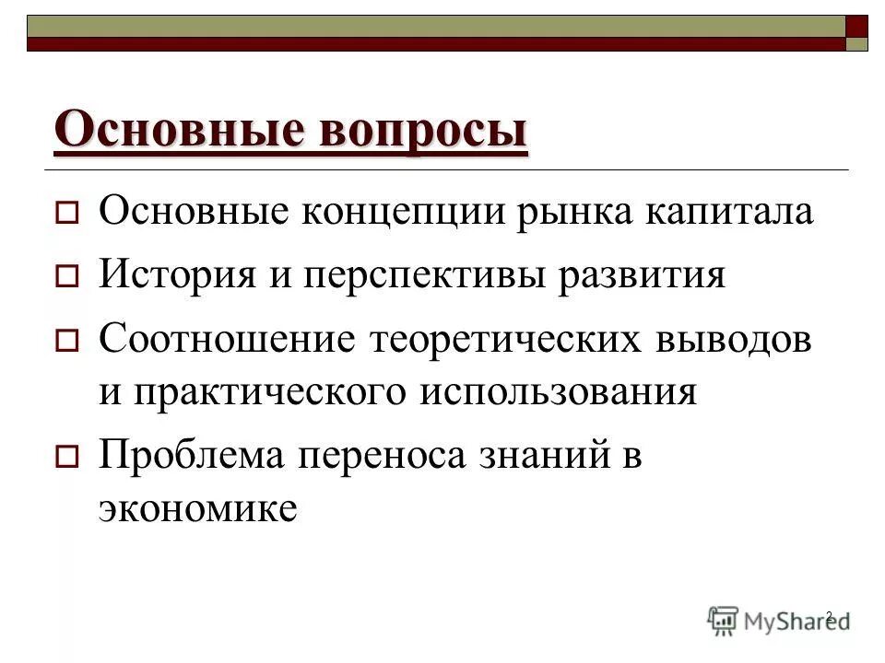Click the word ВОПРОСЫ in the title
coord(424,129)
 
